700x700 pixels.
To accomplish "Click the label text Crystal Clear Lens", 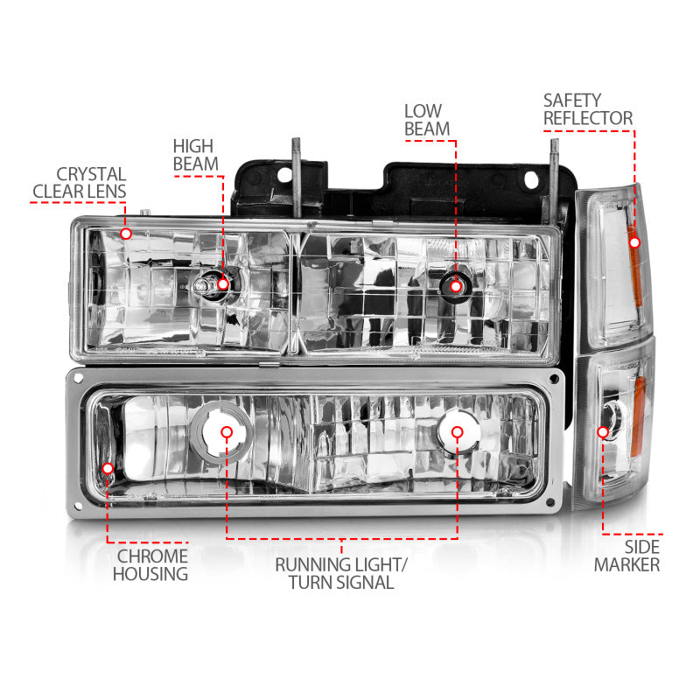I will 80,183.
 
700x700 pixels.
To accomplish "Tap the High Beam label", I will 192,155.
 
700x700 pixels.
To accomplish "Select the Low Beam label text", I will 427,120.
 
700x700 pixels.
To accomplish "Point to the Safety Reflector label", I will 587,108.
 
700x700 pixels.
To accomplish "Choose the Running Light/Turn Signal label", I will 341,573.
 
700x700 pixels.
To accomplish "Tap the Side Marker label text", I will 626,556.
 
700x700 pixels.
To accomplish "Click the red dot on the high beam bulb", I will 223,283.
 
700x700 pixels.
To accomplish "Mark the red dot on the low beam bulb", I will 455,283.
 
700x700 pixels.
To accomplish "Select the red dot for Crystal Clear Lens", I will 126,234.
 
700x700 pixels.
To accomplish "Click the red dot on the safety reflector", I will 634,241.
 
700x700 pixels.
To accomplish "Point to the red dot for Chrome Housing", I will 108,469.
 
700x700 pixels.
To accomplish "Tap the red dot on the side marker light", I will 603,431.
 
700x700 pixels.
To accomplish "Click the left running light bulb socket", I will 227,432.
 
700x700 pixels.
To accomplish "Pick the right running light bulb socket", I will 456,431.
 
